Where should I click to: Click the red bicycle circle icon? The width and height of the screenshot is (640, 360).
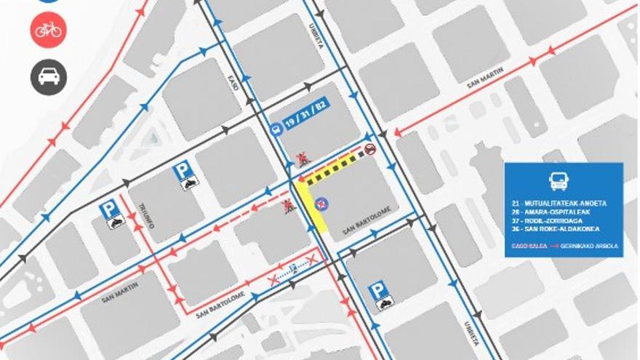[x=49, y=30]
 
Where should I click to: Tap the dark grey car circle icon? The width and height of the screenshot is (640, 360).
[x=49, y=76]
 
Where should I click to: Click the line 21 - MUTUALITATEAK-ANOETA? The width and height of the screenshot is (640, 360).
[x=564, y=204]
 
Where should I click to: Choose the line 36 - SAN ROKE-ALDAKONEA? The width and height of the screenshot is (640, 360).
[x=561, y=231]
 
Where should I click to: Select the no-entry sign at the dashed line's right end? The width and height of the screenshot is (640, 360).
[x=371, y=149]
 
